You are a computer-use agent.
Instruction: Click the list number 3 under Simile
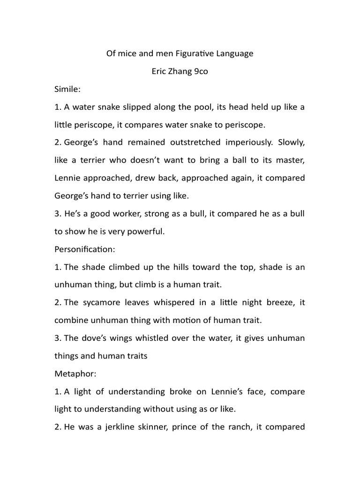pyautogui.click(x=58, y=214)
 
